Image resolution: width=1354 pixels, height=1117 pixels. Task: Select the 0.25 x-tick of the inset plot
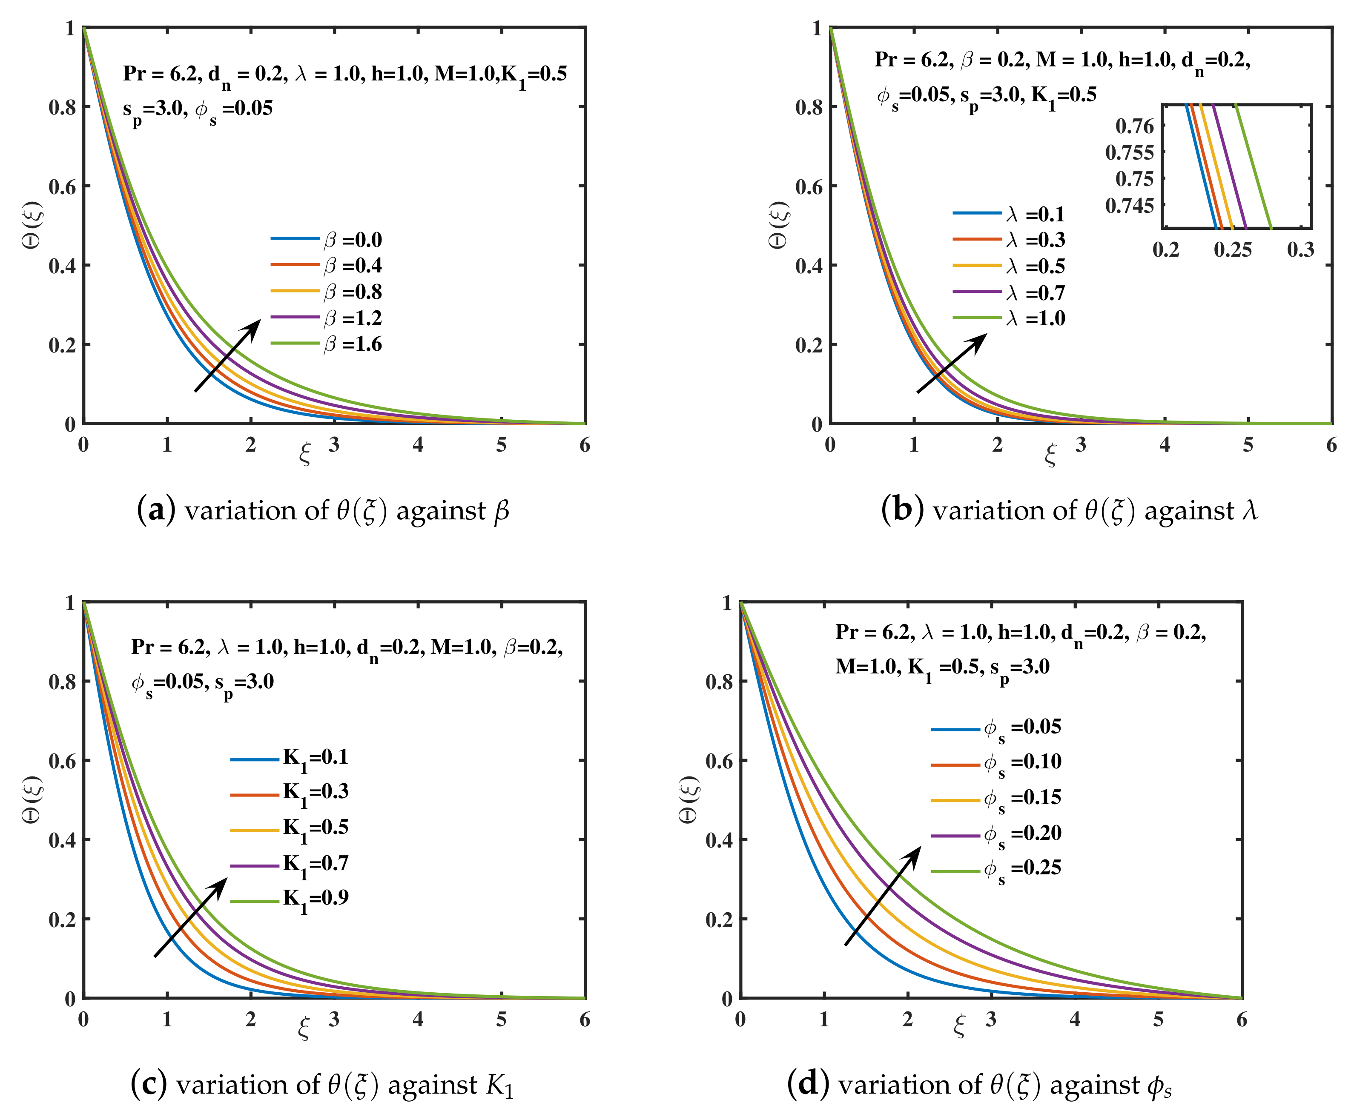[x=1232, y=249]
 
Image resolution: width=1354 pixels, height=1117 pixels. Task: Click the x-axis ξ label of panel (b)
[x=1050, y=455]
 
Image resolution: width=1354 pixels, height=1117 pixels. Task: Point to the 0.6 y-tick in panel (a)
[x=62, y=186]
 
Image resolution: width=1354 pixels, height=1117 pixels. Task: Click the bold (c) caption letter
[x=148, y=1084]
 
